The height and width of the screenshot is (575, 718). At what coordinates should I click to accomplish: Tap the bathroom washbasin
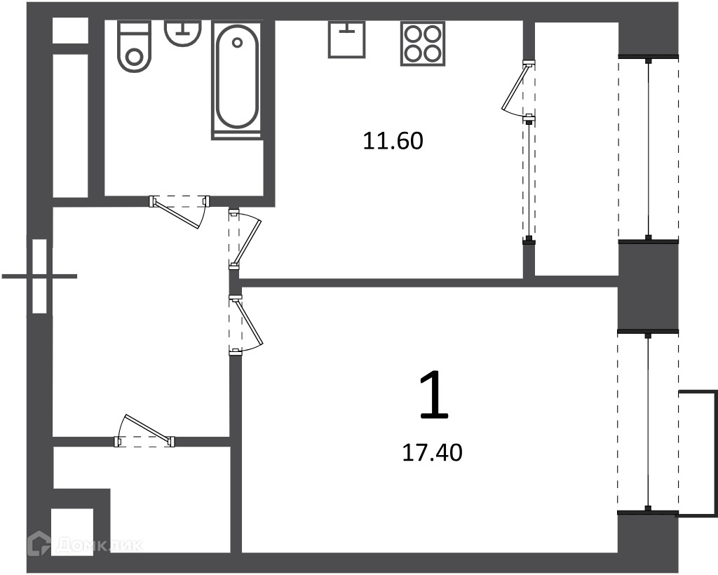(x=183, y=33)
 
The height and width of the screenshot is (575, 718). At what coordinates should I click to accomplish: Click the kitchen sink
(x=347, y=39)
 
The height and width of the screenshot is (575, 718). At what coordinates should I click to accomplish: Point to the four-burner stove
(x=423, y=43)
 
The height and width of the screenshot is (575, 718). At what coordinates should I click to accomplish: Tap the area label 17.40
(x=432, y=453)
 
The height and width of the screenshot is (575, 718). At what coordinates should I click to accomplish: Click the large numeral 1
(x=433, y=395)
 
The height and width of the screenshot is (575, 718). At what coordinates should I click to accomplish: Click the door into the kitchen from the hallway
(x=245, y=239)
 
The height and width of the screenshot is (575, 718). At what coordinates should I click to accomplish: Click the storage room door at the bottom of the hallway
(x=144, y=431)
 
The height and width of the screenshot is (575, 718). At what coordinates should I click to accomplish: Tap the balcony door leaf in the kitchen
(x=517, y=88)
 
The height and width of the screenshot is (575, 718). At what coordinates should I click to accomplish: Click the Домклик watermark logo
(x=85, y=545)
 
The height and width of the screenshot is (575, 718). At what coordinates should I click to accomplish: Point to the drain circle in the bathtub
(x=237, y=43)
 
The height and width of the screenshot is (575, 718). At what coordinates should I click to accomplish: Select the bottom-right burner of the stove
(x=432, y=53)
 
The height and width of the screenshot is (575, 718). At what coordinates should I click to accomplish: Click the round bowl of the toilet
(x=134, y=58)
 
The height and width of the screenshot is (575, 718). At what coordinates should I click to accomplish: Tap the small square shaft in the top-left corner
(x=70, y=30)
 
